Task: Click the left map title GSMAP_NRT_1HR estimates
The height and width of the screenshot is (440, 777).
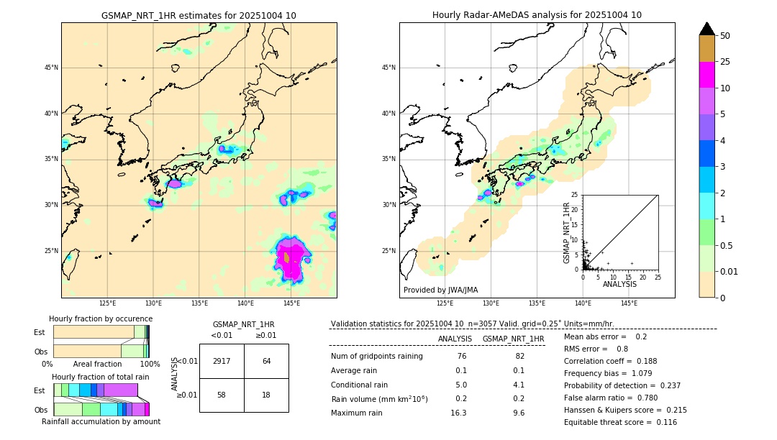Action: [x=199, y=15]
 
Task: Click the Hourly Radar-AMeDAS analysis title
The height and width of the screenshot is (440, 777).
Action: [x=537, y=15]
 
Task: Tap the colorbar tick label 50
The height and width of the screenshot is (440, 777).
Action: [x=725, y=36]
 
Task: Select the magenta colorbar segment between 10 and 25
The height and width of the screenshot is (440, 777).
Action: [x=706, y=75]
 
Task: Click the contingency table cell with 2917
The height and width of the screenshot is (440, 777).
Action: [x=222, y=361]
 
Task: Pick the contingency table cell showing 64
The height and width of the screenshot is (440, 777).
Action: [x=266, y=361]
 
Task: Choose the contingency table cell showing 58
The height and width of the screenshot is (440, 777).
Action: [x=222, y=395]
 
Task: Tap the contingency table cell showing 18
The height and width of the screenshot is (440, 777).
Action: [x=266, y=395]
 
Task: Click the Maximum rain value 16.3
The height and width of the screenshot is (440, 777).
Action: [x=458, y=413]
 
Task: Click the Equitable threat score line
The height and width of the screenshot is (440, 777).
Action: [x=620, y=422]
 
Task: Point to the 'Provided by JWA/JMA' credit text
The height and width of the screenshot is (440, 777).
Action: [x=440, y=290]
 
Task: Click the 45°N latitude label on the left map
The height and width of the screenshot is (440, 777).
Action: [x=51, y=68]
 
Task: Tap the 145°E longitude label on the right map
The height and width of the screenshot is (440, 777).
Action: [x=629, y=303]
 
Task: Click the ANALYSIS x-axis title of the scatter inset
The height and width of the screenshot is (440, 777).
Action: [x=619, y=284]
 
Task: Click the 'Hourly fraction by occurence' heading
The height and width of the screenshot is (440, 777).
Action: [x=101, y=318]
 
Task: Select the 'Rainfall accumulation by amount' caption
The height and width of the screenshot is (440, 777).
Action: [x=101, y=421]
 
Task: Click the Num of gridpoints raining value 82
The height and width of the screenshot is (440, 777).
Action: [x=520, y=357]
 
